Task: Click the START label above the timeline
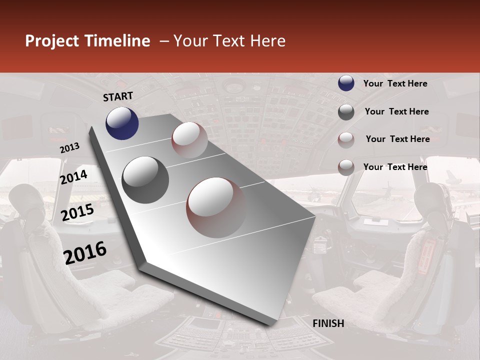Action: [118, 96]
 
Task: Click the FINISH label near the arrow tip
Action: [328, 323]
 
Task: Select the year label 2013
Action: [69, 147]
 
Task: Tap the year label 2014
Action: [74, 177]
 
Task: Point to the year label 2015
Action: [77, 212]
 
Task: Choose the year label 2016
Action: [85, 253]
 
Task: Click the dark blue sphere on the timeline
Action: [122, 123]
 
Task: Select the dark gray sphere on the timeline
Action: [145, 179]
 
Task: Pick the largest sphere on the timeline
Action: [216, 207]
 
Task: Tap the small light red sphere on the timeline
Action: [189, 140]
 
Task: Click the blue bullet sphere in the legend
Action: [346, 83]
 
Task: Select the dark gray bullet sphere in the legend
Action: [346, 112]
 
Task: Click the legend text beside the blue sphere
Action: [395, 83]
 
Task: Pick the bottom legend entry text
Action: [395, 167]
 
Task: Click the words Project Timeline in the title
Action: [87, 41]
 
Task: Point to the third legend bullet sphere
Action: [346, 139]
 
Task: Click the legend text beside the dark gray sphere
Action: [396, 111]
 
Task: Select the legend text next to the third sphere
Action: [397, 139]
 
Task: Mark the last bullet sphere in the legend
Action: [346, 167]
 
